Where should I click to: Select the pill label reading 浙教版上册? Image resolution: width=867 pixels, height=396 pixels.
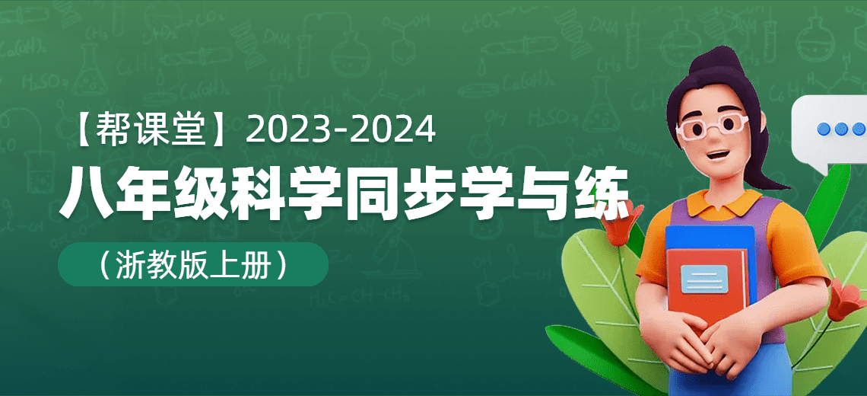pos(193,265)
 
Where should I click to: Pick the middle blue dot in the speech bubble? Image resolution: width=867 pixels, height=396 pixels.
pos(841,129)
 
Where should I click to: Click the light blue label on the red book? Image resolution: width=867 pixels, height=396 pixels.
pos(704,279)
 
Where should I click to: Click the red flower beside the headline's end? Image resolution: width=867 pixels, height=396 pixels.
pos(623,222)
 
